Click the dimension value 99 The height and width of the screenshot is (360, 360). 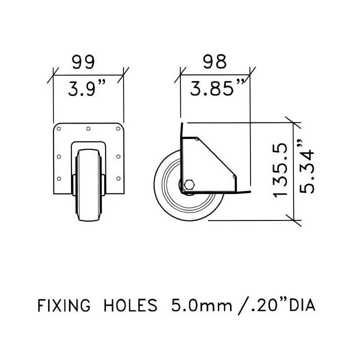tap(83, 62)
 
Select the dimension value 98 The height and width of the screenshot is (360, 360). tap(215, 61)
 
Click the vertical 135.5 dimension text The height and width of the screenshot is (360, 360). tap(280, 170)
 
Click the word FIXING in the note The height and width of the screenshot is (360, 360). tap(64, 305)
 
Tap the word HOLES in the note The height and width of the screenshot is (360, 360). tap(130, 305)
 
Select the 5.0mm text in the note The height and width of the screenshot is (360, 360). tap(201, 305)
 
